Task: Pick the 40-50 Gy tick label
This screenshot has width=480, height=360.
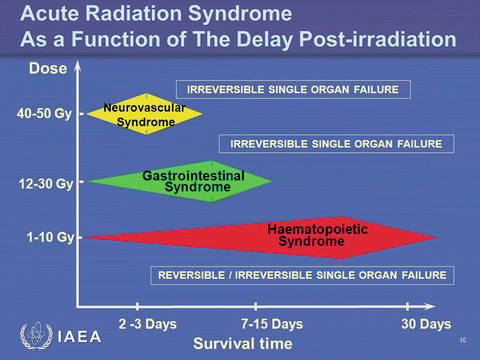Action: point(45,114)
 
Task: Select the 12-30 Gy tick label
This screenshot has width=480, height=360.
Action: point(45,184)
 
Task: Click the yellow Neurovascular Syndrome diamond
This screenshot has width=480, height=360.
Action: point(146,114)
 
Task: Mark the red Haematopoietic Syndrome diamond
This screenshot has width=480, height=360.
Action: point(290,236)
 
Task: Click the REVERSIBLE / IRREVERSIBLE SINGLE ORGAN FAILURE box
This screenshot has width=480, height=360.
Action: point(301,275)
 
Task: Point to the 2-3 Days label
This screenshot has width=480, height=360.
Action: point(147,325)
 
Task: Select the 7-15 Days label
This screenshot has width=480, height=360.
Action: point(272,325)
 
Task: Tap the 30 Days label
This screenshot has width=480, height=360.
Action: point(424,325)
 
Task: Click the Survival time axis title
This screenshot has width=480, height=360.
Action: point(243,344)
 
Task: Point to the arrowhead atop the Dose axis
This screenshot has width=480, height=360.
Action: point(80,65)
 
